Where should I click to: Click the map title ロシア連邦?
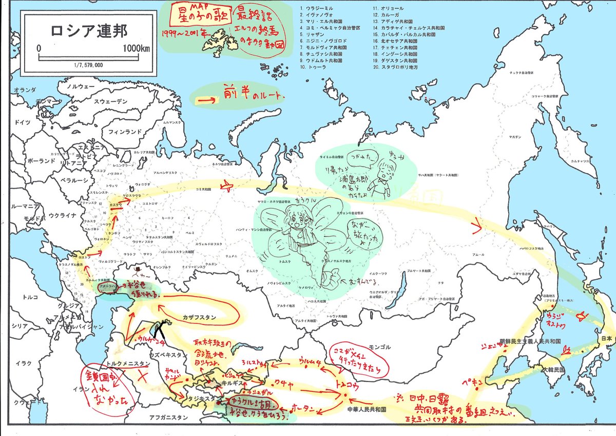88,32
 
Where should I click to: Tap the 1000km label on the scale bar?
137,48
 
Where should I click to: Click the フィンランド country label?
124,132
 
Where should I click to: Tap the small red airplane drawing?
227,187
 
